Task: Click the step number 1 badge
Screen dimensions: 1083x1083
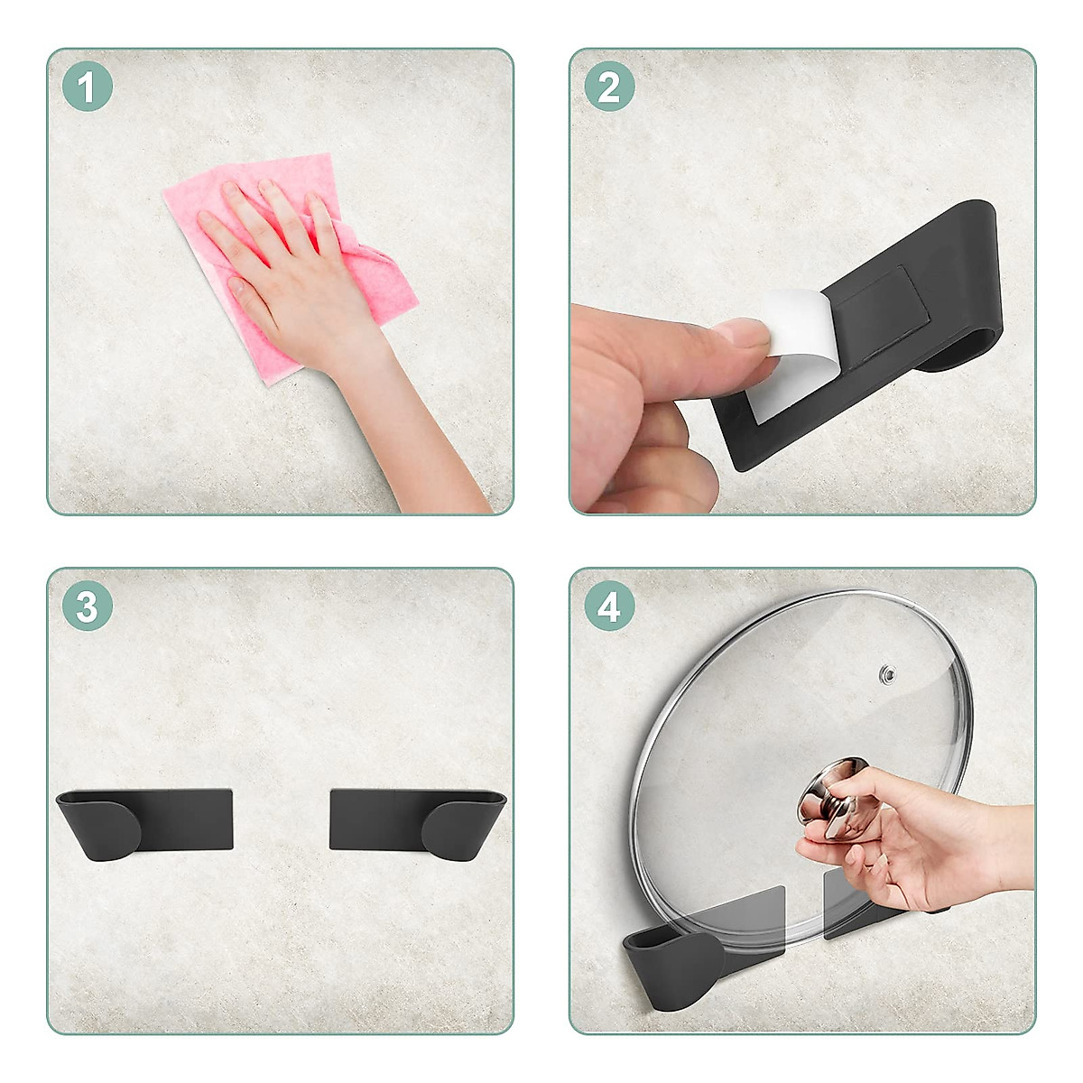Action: pyautogui.click(x=87, y=88)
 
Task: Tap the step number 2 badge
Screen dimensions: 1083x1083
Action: pyautogui.click(x=609, y=88)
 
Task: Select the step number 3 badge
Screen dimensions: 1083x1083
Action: pyautogui.click(x=87, y=607)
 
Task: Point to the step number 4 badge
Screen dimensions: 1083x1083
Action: pyautogui.click(x=609, y=607)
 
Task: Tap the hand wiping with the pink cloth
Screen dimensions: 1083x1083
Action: pyautogui.click(x=289, y=271)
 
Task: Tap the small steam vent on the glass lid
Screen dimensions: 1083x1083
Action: pyautogui.click(x=887, y=673)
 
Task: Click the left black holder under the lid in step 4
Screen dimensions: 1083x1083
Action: pyautogui.click(x=677, y=957)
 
